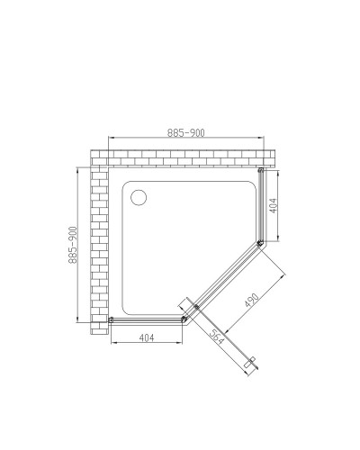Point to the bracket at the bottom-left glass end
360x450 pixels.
click(111, 319)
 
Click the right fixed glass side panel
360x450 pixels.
click(261, 207)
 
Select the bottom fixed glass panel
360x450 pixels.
click(148, 319)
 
